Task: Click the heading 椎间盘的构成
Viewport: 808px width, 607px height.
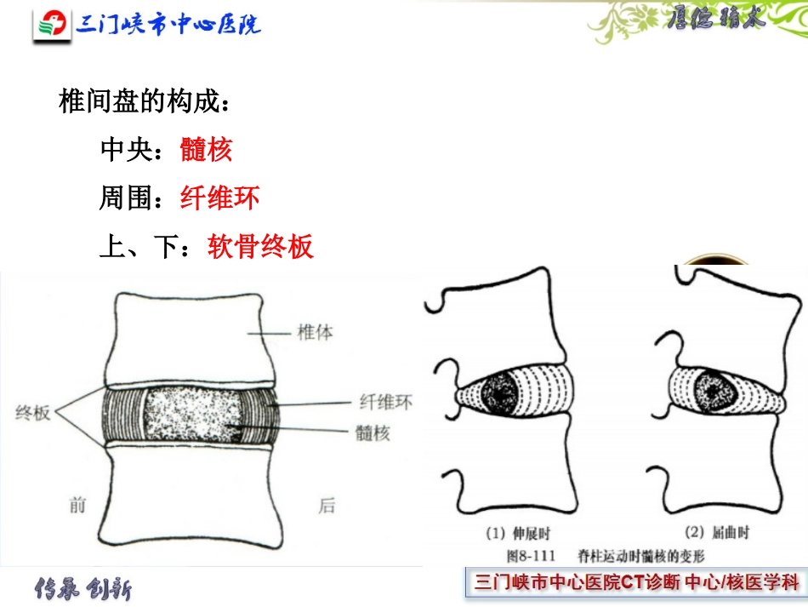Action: (143, 102)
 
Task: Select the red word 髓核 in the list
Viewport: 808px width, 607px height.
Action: (206, 150)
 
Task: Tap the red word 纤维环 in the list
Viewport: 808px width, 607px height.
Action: (219, 198)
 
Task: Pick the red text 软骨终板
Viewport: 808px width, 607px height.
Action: (260, 247)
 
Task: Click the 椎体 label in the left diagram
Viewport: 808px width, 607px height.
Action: (315, 332)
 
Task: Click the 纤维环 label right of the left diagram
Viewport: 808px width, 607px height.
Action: (384, 402)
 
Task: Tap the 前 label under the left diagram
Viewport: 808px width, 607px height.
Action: (79, 506)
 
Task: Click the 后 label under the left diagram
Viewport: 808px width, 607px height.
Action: (327, 506)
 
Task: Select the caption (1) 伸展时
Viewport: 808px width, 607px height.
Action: (518, 535)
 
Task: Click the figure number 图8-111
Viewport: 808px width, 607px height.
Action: (530, 556)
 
